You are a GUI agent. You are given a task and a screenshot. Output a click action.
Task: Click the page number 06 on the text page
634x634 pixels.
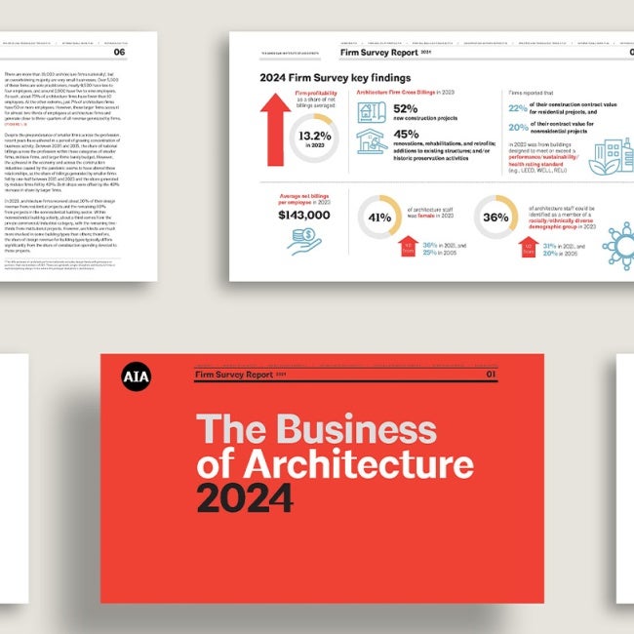tap(146, 54)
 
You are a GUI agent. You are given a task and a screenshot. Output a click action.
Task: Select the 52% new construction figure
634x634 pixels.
tap(406, 110)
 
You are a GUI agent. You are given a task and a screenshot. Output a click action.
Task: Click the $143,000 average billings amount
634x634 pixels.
tap(305, 215)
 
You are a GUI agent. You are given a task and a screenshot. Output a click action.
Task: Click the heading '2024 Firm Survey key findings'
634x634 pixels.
tap(335, 78)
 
